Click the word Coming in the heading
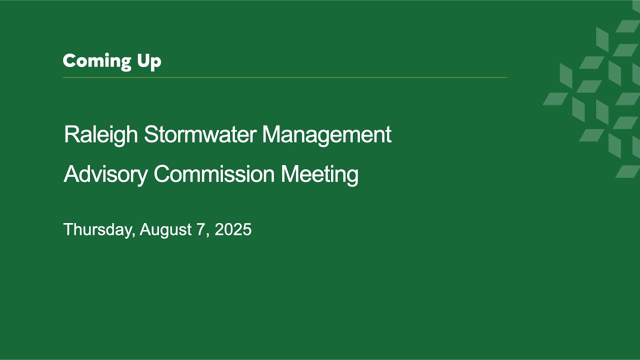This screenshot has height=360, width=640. pyautogui.click(x=97, y=61)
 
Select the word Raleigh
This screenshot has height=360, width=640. pyautogui.click(x=101, y=135)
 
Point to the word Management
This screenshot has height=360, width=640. pyautogui.click(x=327, y=135)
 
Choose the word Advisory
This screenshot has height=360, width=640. pyautogui.click(x=105, y=175)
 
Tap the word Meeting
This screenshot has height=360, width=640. pyautogui.click(x=319, y=175)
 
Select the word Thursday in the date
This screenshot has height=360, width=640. pyautogui.click(x=97, y=229)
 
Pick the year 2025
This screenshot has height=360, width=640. pyautogui.click(x=233, y=229)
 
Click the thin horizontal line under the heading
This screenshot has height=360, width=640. pyautogui.click(x=285, y=77)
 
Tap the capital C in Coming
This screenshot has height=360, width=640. pyautogui.click(x=69, y=61)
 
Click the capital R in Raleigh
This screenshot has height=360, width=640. pyautogui.click(x=71, y=134)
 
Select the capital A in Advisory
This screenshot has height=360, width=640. pyautogui.click(x=71, y=173)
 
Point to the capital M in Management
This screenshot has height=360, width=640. pyautogui.click(x=271, y=134)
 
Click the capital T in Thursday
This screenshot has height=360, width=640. pyautogui.click(x=69, y=229)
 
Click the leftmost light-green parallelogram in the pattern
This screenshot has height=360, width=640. pyautogui.click(x=555, y=98)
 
